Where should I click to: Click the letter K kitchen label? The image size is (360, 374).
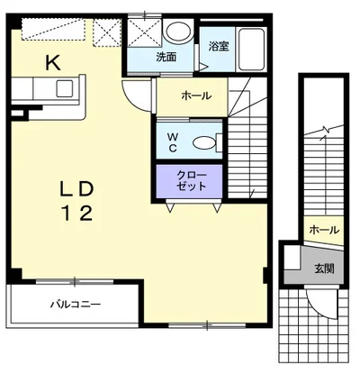coord(53,63)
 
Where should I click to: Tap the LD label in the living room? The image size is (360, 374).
coord(77,189)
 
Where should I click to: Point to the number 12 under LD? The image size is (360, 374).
coord(76,214)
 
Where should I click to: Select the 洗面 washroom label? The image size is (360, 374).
coord(166,57)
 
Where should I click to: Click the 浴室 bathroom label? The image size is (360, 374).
coord(219,46)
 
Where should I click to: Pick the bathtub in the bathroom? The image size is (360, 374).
coord(251,50)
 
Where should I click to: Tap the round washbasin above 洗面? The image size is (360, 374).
coord(178,32)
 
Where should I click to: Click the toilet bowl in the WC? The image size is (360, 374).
coord(204,142)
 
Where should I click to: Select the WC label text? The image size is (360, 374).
coord(173,142)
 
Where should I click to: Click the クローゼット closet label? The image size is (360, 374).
coord(191,180)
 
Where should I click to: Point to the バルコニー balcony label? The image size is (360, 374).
coord(76,305)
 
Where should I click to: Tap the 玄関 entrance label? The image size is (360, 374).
coord(324,269)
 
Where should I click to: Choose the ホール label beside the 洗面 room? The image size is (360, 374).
coord(196,96)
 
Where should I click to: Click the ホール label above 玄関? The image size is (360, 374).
coord(324,230)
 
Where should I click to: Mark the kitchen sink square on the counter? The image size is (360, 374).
coord(65,88)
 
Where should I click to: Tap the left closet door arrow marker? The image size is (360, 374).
coord(170,207)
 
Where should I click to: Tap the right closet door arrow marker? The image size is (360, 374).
coord(217,207)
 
